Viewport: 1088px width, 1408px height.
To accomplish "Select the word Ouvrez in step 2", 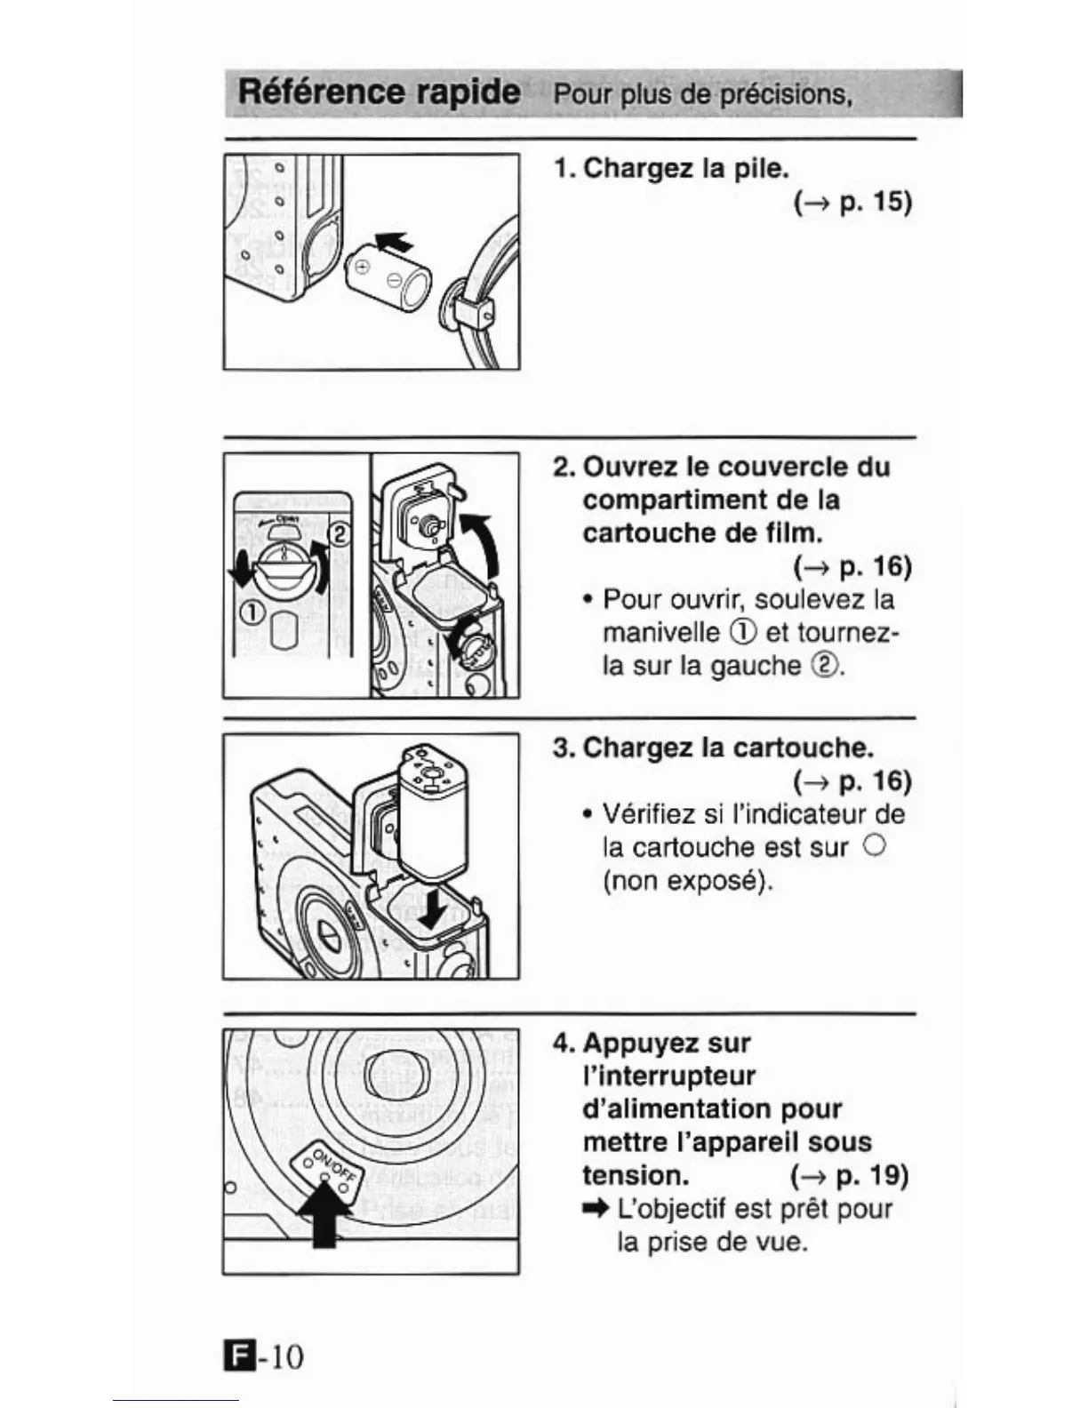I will click(x=635, y=467).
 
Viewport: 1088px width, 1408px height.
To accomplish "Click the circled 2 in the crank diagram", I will click(x=340, y=535).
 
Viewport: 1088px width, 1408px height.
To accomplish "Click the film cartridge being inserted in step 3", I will click(x=434, y=813).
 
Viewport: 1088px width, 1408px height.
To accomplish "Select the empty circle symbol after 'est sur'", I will click(x=874, y=847).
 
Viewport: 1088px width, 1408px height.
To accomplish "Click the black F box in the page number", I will click(x=237, y=1356).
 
